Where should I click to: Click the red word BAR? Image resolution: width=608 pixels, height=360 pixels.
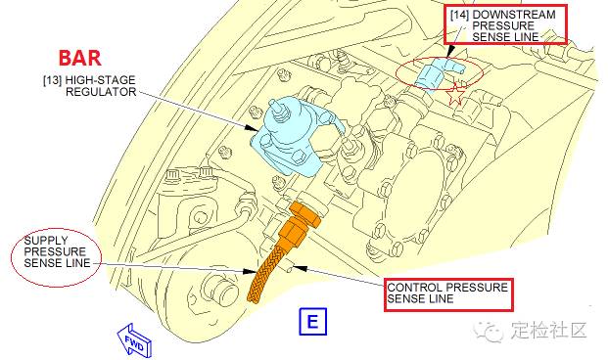click(x=80, y=58)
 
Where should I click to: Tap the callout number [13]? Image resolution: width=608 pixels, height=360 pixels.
click(x=52, y=80)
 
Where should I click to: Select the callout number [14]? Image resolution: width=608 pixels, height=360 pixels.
click(x=460, y=15)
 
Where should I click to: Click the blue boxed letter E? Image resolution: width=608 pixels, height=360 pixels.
click(x=312, y=322)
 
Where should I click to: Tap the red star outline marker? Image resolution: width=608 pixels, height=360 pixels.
click(x=456, y=94)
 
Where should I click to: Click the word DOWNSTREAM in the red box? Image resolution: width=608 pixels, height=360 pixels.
click(x=514, y=15)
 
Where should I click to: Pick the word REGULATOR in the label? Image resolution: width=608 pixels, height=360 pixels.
click(x=101, y=92)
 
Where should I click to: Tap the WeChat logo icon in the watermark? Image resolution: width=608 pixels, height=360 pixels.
click(x=488, y=332)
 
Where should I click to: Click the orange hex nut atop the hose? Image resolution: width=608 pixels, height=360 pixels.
click(x=305, y=214)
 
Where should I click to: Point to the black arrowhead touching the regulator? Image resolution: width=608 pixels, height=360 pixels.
click(x=251, y=128)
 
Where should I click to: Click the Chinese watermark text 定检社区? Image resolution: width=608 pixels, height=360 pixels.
click(x=548, y=332)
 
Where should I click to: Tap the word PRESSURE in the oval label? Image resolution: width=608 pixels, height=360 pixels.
click(x=55, y=251)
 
